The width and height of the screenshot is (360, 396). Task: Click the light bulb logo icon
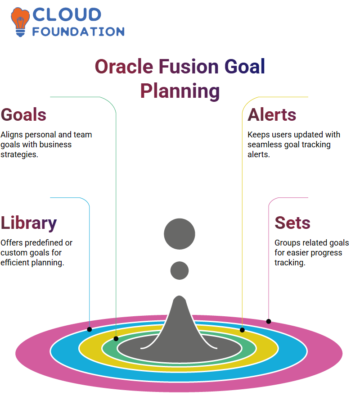(20, 22)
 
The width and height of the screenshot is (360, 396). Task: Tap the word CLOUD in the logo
(67, 14)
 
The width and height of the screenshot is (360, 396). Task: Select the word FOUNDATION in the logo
(78, 32)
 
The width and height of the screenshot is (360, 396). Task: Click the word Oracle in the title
(124, 66)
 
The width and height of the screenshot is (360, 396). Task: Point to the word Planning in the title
(180, 91)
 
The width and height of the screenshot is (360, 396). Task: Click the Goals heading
(23, 115)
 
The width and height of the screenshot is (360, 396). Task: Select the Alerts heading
(272, 115)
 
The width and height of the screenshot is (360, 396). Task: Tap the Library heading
(29, 223)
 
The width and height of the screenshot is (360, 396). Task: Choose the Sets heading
(292, 223)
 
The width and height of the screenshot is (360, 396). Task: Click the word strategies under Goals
(19, 155)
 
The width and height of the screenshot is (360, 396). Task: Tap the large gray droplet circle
(180, 234)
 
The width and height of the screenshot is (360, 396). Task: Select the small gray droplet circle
(180, 270)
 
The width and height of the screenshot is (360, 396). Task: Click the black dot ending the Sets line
(268, 322)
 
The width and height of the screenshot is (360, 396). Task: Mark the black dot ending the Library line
(89, 329)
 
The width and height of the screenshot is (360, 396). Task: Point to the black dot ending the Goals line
(116, 339)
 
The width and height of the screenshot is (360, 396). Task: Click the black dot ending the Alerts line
(242, 330)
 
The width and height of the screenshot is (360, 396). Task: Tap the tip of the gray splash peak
(180, 296)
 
